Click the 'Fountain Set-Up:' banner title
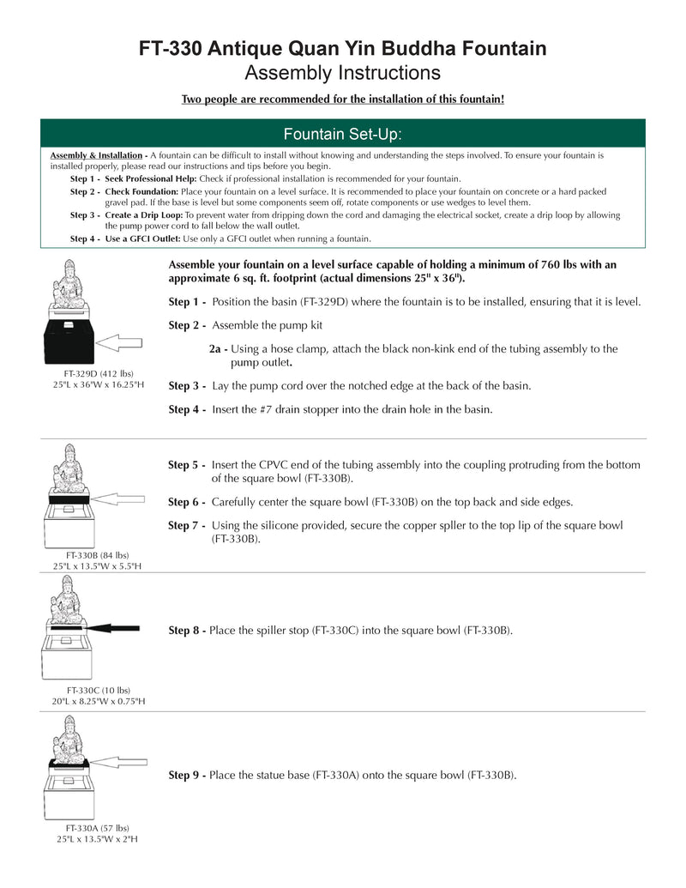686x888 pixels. click(x=343, y=134)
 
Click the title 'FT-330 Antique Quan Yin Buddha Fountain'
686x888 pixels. click(x=343, y=49)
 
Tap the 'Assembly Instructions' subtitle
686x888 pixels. click(x=343, y=72)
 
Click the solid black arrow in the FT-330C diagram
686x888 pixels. click(x=111, y=628)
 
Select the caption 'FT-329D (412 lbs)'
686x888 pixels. click(x=97, y=374)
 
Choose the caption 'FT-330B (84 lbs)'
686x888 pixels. click(x=97, y=555)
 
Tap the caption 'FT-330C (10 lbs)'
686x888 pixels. click(x=97, y=690)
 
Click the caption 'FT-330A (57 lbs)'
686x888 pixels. click(x=97, y=828)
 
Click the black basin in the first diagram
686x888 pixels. click(x=69, y=342)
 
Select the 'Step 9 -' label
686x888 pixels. click(x=187, y=775)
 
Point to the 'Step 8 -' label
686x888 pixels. click(x=187, y=631)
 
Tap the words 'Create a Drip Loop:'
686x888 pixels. click(x=144, y=215)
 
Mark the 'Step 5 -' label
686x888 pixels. click(x=187, y=465)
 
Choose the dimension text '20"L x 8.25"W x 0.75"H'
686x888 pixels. click(x=97, y=702)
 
